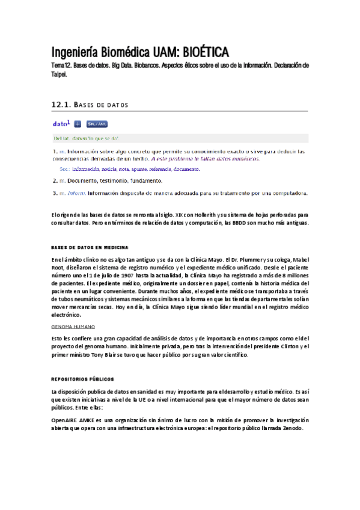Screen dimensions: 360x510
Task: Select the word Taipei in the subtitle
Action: pyautogui.click(x=59, y=75)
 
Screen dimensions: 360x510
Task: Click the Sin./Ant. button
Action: pyautogui.click(x=97, y=124)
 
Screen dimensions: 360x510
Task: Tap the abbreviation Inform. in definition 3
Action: pyautogui.click(x=76, y=193)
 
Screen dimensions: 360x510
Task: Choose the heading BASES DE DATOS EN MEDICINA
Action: pyautogui.click(x=90, y=247)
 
